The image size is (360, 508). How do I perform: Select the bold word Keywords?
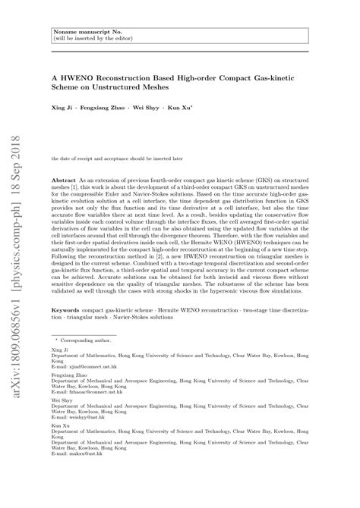[x=67, y=311]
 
